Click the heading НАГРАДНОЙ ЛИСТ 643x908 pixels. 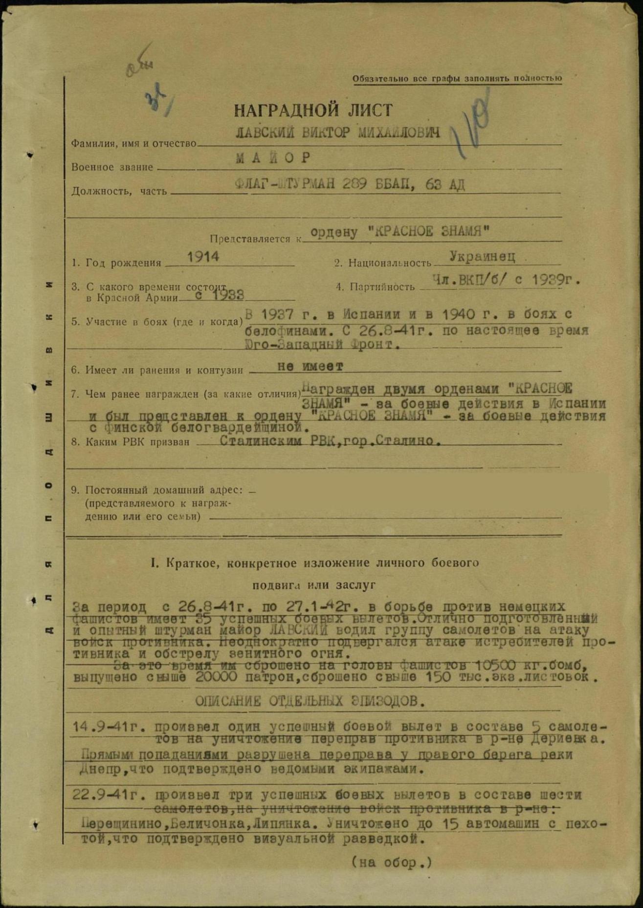pos(313,111)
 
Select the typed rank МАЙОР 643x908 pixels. pos(273,158)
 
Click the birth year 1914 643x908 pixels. pos(203,257)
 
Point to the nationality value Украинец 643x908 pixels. pos(482,256)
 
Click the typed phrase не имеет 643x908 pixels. pos(310,366)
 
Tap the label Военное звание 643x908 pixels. pos(112,167)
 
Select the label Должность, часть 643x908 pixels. pos(119,191)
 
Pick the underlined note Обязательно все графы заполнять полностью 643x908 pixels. pos(457,79)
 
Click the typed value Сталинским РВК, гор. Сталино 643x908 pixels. pos(330,441)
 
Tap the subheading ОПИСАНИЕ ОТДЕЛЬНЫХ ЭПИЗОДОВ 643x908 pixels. pos(310,701)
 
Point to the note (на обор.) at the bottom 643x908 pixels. pos(392,862)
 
